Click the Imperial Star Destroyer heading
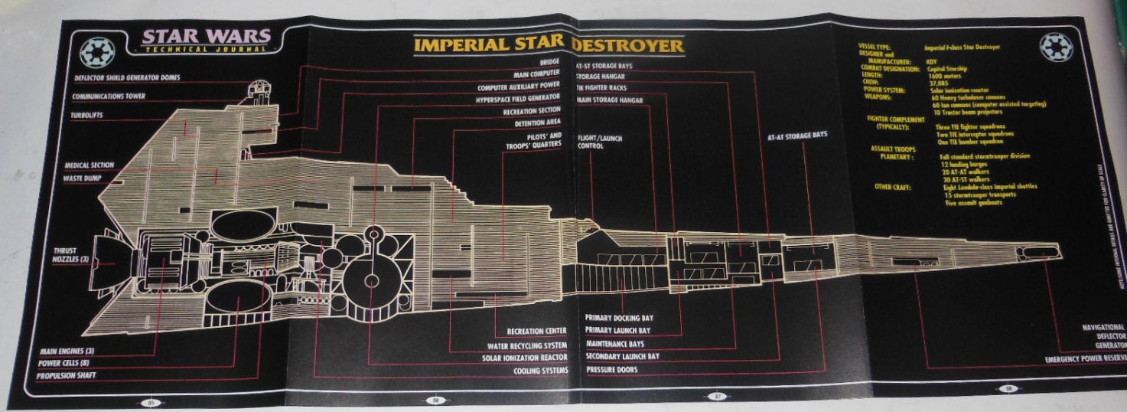(548, 45)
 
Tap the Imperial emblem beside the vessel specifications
(1055, 47)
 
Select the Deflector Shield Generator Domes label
(128, 77)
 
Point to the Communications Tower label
(109, 96)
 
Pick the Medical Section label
(94, 165)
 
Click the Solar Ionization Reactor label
(525, 358)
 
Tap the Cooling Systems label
(540, 371)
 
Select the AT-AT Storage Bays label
(797, 135)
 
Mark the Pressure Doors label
(611, 370)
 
